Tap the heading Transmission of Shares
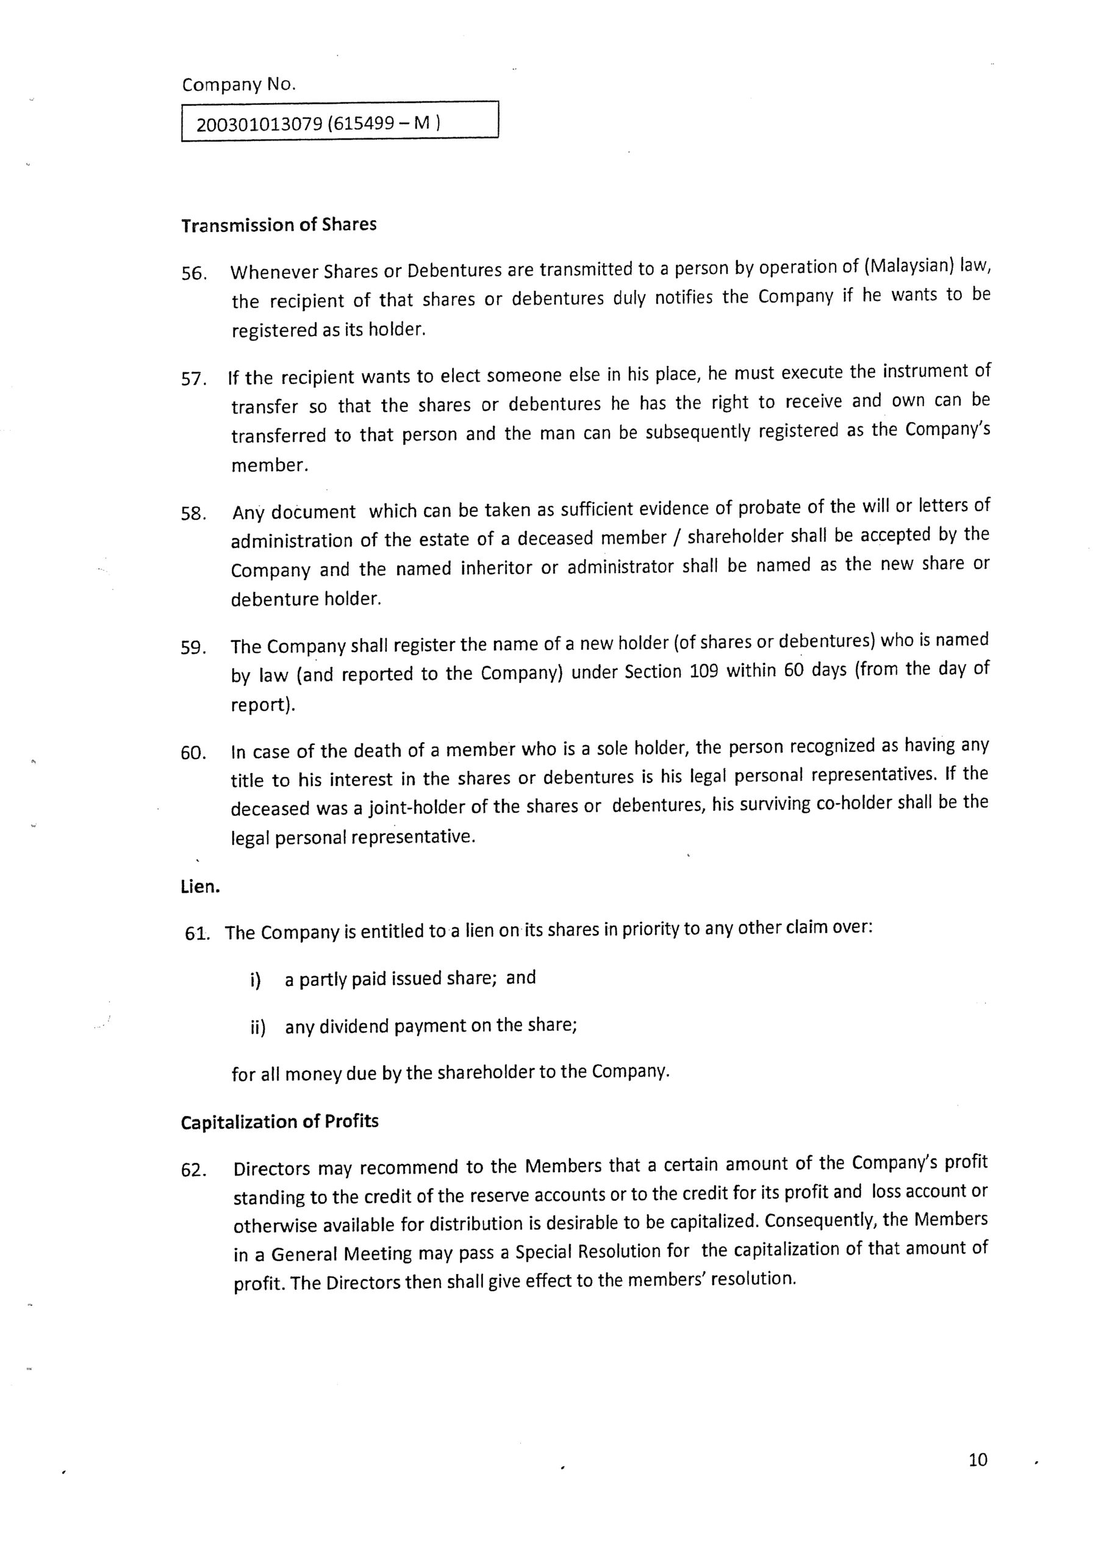click(x=279, y=225)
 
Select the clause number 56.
click(x=194, y=274)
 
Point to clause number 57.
click(x=194, y=379)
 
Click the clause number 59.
click(x=194, y=647)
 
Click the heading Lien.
click(x=201, y=887)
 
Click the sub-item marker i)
click(x=256, y=981)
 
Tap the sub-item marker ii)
click(x=258, y=1028)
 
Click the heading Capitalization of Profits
click(x=279, y=1122)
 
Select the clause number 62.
click(x=194, y=1171)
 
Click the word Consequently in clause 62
click(x=820, y=1220)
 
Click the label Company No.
click(x=238, y=85)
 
